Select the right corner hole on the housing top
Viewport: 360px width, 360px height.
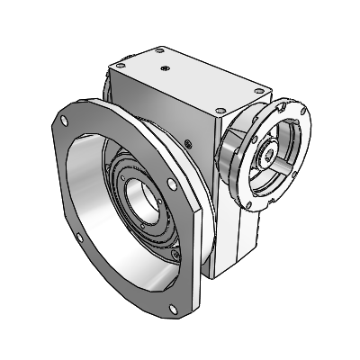click(260, 88)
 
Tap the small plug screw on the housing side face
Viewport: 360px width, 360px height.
click(187, 142)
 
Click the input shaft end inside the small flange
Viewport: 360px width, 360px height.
click(268, 156)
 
